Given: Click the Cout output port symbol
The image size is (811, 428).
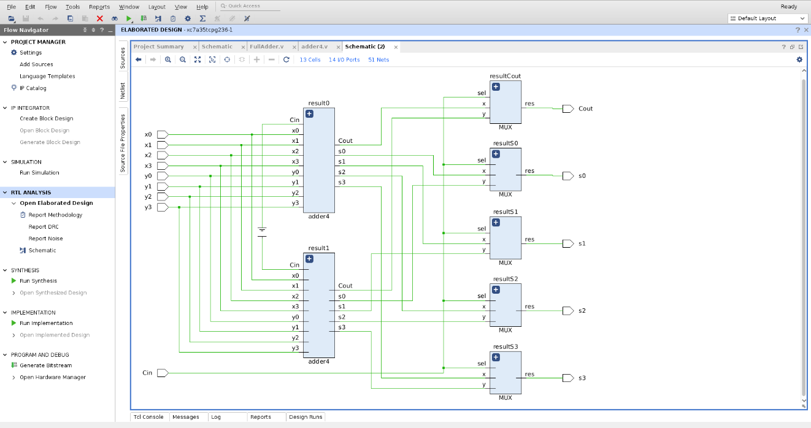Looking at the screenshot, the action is point(568,109).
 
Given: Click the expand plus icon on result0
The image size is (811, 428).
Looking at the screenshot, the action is point(309,114).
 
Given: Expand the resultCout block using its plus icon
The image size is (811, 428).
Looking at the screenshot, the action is point(496,87).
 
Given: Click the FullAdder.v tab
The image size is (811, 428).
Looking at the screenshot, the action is point(266,47).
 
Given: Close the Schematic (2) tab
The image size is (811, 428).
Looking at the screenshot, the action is point(396,47).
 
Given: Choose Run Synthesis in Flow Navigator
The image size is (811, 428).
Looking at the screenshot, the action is point(38,281).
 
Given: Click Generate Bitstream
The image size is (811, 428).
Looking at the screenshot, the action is point(45,365).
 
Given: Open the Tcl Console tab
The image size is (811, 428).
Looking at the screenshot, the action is point(148,417).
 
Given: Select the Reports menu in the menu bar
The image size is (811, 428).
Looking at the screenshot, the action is point(99,7).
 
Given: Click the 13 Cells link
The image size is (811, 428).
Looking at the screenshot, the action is point(310,59).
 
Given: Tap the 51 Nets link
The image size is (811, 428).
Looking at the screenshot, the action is point(379,59).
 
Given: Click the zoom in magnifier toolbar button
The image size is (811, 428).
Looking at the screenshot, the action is point(167,59).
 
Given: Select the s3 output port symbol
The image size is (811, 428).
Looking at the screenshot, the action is point(568,378).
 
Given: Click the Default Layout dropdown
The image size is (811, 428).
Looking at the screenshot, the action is point(767,18).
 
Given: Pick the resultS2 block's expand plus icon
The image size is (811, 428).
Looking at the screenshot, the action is point(496,290).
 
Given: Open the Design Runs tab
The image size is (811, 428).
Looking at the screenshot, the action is point(306,417).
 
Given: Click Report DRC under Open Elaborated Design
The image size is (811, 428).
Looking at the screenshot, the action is point(44,227).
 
